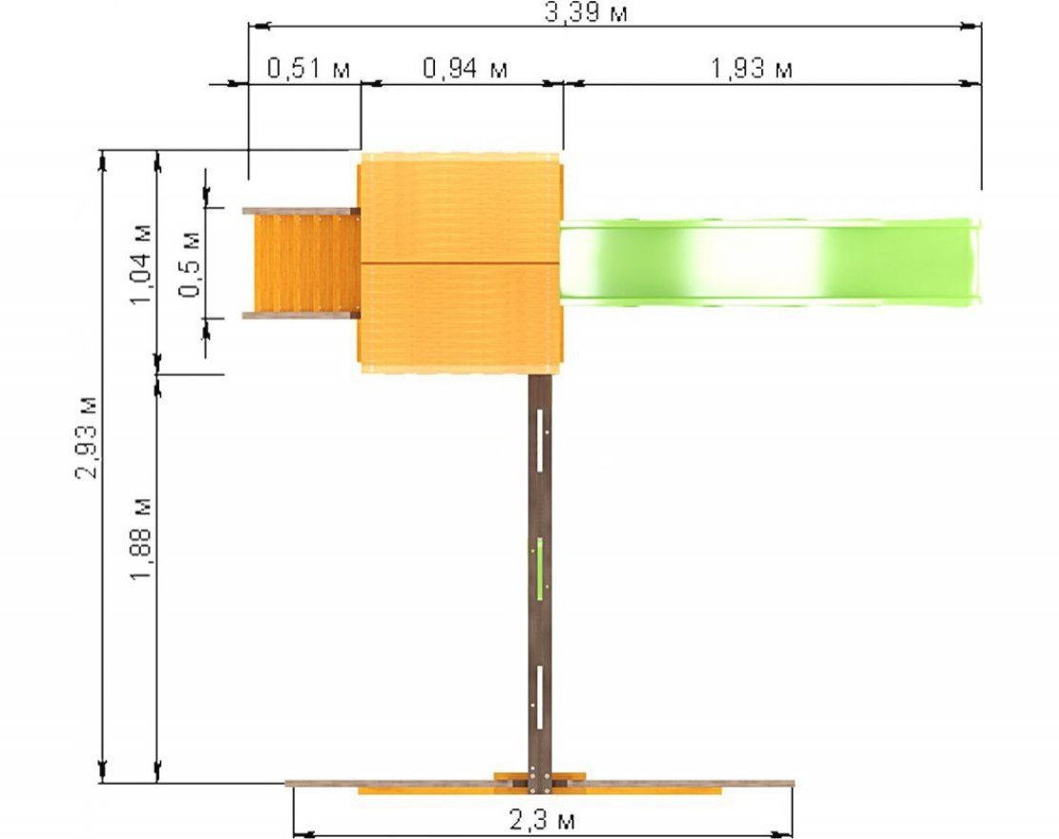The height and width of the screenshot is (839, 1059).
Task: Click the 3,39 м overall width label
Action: (586, 12)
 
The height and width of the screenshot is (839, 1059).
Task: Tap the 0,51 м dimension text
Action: (309, 68)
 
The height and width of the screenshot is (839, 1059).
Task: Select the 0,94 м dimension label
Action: (466, 68)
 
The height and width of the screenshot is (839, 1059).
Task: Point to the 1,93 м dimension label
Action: (751, 68)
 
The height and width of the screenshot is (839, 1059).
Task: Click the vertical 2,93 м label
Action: (88, 437)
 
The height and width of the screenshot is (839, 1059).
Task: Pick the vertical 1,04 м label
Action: (142, 264)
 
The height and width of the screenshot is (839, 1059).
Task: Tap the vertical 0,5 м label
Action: (190, 263)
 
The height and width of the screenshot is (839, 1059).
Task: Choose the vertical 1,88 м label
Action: (142, 540)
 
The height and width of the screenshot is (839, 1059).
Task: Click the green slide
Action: (770, 262)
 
